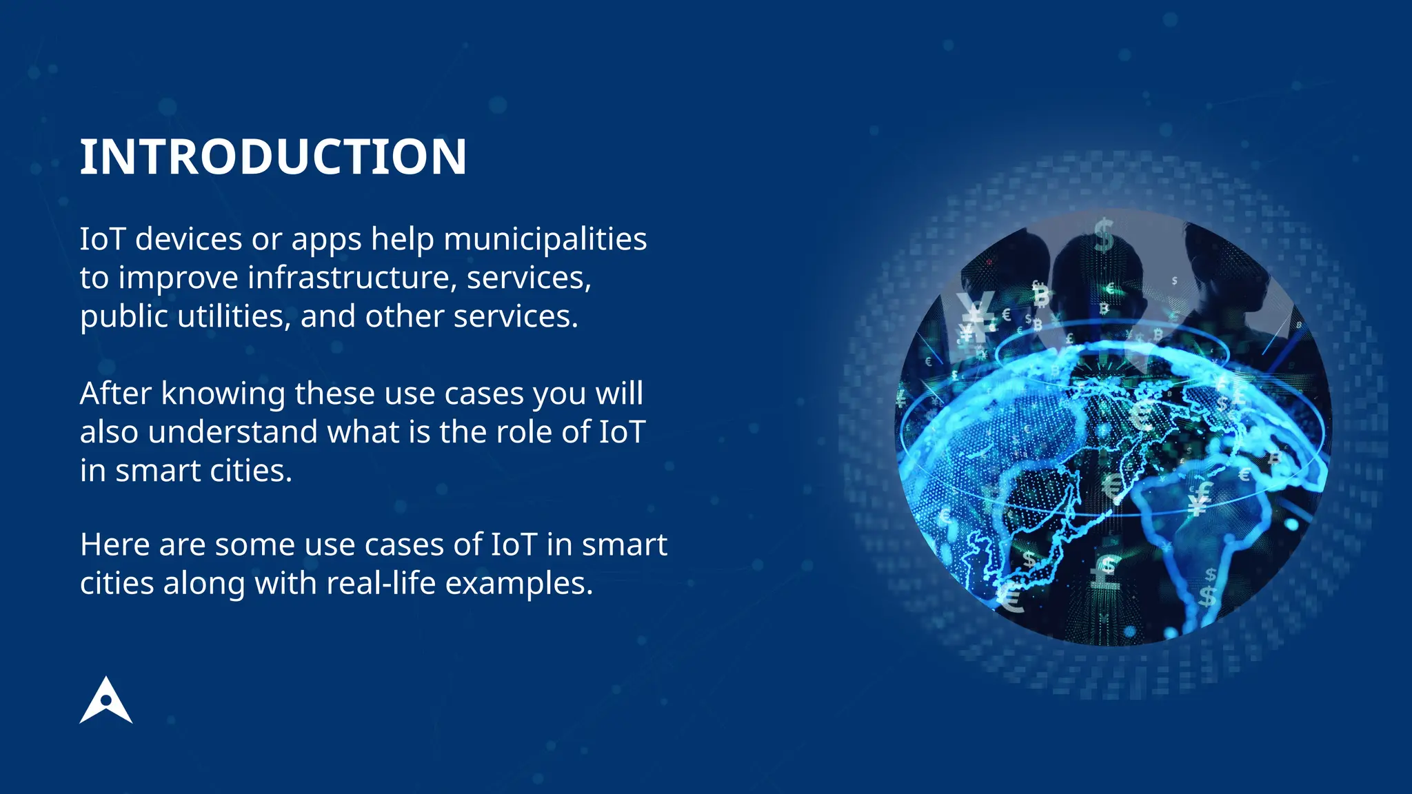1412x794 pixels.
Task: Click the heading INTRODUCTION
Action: [273, 157]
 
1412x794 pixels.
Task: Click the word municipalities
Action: [545, 239]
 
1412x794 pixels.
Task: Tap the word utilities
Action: [234, 316]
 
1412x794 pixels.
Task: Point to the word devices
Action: [188, 239]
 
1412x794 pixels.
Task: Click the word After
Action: [115, 394]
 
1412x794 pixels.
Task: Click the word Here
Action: [114, 544]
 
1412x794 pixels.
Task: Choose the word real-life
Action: [381, 583]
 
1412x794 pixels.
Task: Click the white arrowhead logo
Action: [105, 701]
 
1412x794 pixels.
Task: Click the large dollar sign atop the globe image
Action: [1104, 235]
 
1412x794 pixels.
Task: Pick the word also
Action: [109, 432]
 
